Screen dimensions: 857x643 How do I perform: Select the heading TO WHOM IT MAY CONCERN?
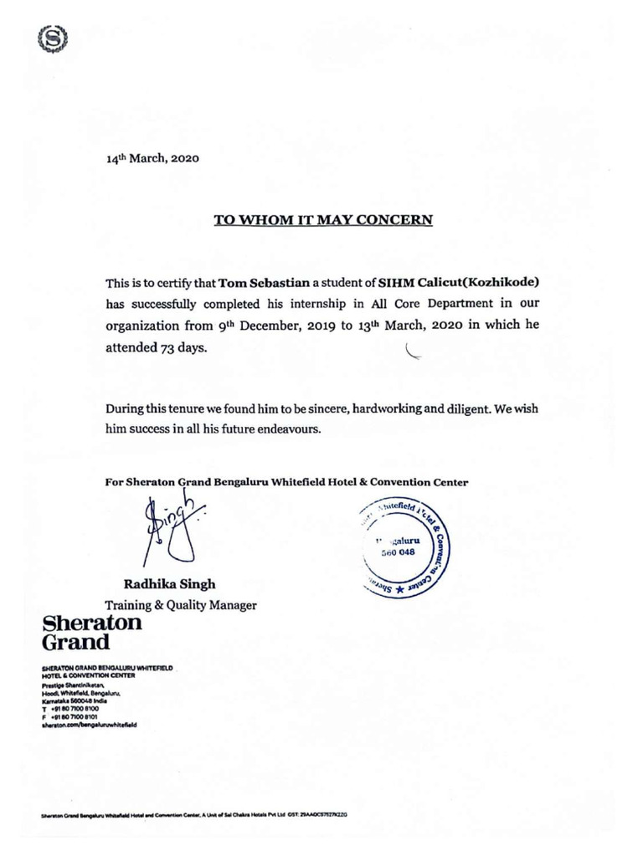pyautogui.click(x=323, y=221)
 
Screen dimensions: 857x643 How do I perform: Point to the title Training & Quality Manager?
pyautogui.click(x=180, y=605)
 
